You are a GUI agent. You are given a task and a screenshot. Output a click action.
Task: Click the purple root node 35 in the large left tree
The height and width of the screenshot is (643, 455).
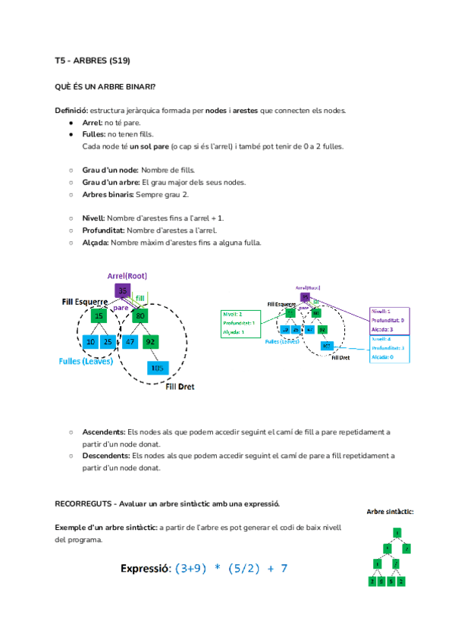pos(122,290)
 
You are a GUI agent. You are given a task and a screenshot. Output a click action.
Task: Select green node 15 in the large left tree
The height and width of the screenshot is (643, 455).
pos(99,315)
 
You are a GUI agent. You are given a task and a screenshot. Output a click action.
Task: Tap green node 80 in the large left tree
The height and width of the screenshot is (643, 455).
pos(140,315)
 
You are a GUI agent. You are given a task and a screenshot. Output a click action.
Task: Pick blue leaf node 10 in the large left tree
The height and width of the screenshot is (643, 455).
pos(90,342)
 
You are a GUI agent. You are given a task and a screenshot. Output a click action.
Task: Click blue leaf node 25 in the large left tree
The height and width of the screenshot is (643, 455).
pos(108,342)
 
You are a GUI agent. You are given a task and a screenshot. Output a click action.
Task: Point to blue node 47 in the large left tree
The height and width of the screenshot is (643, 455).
pos(130,342)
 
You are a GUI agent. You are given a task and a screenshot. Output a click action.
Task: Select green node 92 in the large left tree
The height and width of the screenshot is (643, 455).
pos(150,342)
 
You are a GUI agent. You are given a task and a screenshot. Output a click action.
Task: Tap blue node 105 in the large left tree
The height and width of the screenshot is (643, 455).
pos(157,368)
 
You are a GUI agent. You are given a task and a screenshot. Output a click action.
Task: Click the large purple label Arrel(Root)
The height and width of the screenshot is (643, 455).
pos(127,275)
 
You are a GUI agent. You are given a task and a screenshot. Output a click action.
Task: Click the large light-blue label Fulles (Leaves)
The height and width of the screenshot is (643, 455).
pos(86,361)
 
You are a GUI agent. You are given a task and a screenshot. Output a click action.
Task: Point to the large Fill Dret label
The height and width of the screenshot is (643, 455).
pos(180,387)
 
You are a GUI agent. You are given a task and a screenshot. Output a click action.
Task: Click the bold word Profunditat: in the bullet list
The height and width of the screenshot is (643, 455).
pos(103,230)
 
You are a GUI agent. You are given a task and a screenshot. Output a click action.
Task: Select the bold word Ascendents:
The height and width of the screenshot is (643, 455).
pos(104,431)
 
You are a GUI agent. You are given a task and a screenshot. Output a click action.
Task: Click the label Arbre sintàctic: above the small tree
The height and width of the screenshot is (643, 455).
pos(390,512)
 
